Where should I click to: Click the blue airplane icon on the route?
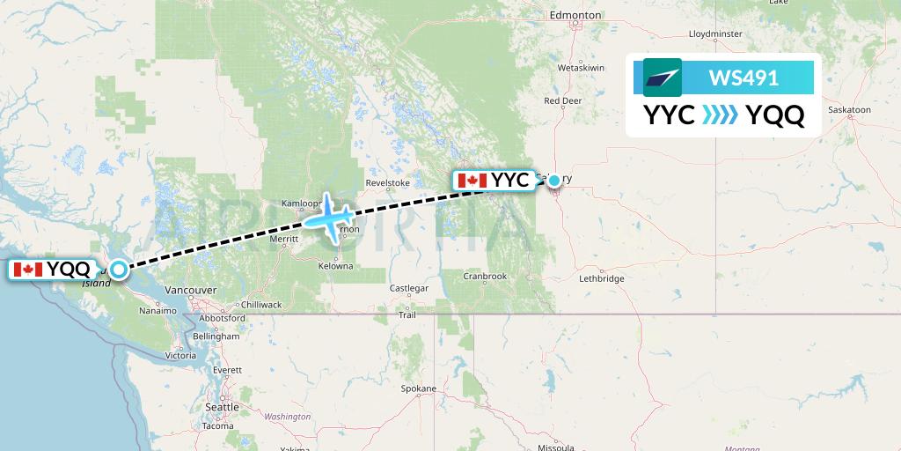click(x=331, y=217)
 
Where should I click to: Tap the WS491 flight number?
click(x=744, y=78)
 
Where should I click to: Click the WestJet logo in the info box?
click(x=663, y=78)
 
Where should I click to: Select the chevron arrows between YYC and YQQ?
click(x=721, y=115)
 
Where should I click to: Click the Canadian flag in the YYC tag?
click(x=472, y=181)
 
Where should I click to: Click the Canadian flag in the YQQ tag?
click(x=28, y=270)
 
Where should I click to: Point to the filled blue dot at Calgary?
click(x=554, y=181)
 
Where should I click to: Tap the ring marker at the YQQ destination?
click(x=117, y=270)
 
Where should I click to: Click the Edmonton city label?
click(x=575, y=15)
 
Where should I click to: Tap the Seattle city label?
click(x=222, y=407)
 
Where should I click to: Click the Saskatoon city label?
click(x=849, y=110)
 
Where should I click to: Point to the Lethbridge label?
click(x=602, y=278)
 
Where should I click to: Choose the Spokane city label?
click(x=418, y=388)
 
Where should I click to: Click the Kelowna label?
click(x=335, y=266)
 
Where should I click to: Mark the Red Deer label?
click(x=563, y=100)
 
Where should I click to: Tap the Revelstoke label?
click(x=388, y=183)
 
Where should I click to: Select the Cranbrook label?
click(x=487, y=276)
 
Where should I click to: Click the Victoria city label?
click(x=180, y=356)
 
